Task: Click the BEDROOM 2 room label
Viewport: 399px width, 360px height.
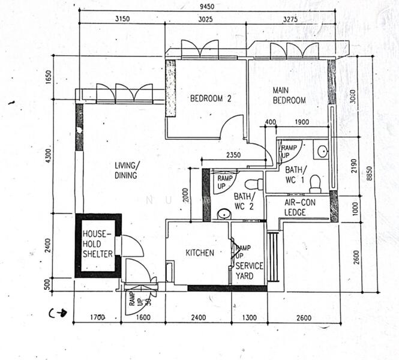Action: [211, 100]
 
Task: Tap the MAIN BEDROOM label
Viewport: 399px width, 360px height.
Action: [289, 95]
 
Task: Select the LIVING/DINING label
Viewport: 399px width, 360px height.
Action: [127, 170]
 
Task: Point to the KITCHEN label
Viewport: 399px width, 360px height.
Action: [199, 253]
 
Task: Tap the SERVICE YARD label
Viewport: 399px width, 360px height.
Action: [248, 271]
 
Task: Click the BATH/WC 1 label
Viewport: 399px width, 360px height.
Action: [296, 174]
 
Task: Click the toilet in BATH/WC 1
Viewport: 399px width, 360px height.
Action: [315, 184]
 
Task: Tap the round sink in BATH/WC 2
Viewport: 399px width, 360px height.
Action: [223, 214]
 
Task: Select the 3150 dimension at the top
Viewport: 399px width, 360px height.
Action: [122, 19]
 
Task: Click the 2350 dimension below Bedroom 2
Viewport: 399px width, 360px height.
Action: [233, 155]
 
